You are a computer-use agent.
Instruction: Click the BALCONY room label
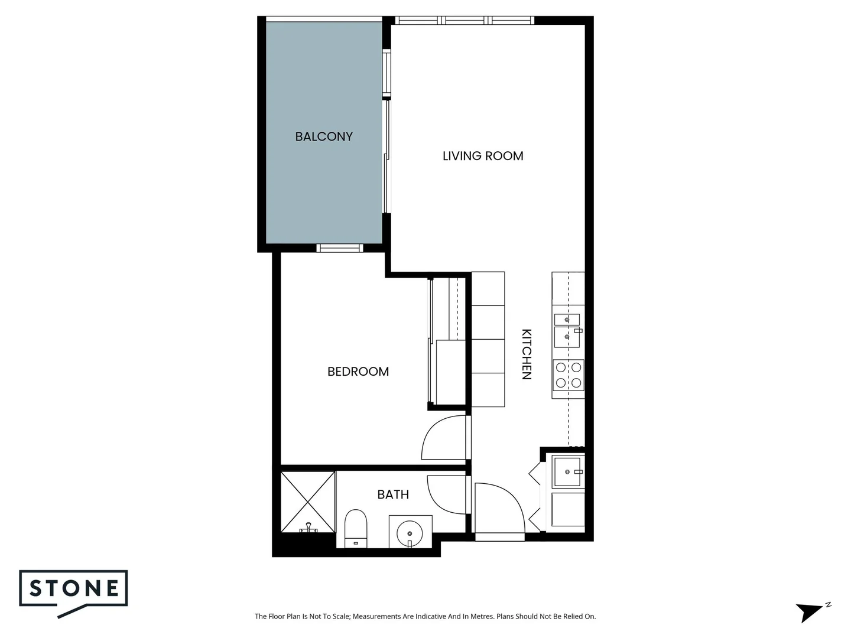click(x=324, y=136)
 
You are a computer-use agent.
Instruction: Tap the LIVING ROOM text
click(x=483, y=156)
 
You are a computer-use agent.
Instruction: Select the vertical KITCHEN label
click(x=527, y=354)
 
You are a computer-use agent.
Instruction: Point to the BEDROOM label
click(x=358, y=372)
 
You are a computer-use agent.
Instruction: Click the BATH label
click(x=393, y=494)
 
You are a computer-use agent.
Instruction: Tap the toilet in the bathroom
click(x=355, y=528)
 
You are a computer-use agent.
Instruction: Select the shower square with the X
click(x=307, y=501)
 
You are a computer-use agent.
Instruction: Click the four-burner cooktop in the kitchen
click(x=568, y=376)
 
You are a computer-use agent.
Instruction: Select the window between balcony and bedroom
click(x=339, y=248)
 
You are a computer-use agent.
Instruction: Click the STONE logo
click(x=74, y=588)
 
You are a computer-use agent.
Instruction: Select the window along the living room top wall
click(x=465, y=21)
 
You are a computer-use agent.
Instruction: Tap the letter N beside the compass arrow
click(x=829, y=605)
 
